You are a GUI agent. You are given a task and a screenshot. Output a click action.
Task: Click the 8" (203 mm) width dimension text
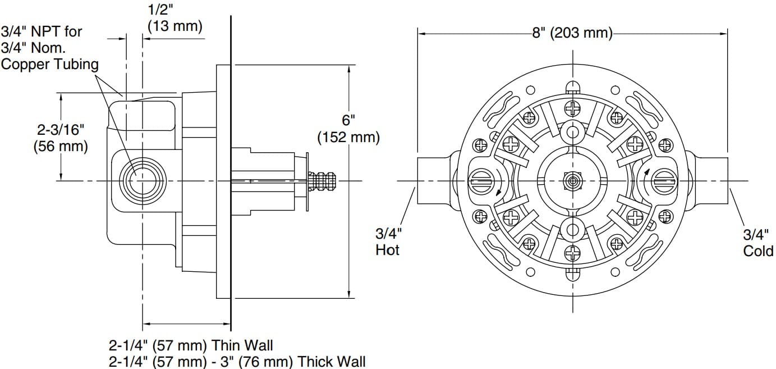tap(572, 33)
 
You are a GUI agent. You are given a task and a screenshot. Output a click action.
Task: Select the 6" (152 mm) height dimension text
tap(348, 129)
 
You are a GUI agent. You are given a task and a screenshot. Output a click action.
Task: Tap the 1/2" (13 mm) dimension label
tap(175, 18)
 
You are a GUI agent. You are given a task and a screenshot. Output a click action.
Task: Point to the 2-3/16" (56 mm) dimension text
tap(61, 138)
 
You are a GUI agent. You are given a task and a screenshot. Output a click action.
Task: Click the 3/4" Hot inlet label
tap(388, 242)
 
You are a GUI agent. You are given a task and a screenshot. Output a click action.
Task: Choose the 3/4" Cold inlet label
tap(758, 243)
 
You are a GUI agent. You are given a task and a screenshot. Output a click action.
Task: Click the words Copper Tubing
tap(49, 64)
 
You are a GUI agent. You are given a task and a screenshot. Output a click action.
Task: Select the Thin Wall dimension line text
tap(191, 344)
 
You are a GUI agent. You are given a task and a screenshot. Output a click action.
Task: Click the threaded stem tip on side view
tap(325, 181)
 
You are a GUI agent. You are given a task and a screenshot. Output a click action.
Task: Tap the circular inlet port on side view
tap(137, 181)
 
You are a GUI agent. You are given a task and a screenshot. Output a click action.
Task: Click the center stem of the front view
tap(572, 181)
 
